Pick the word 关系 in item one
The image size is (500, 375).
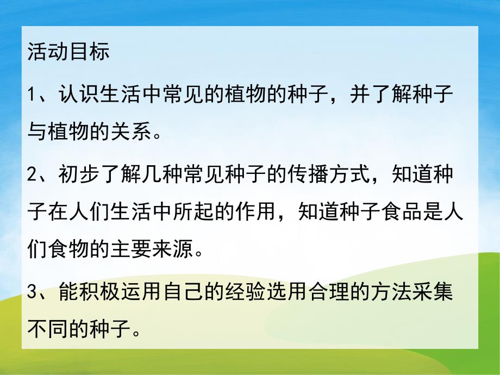(133, 131)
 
